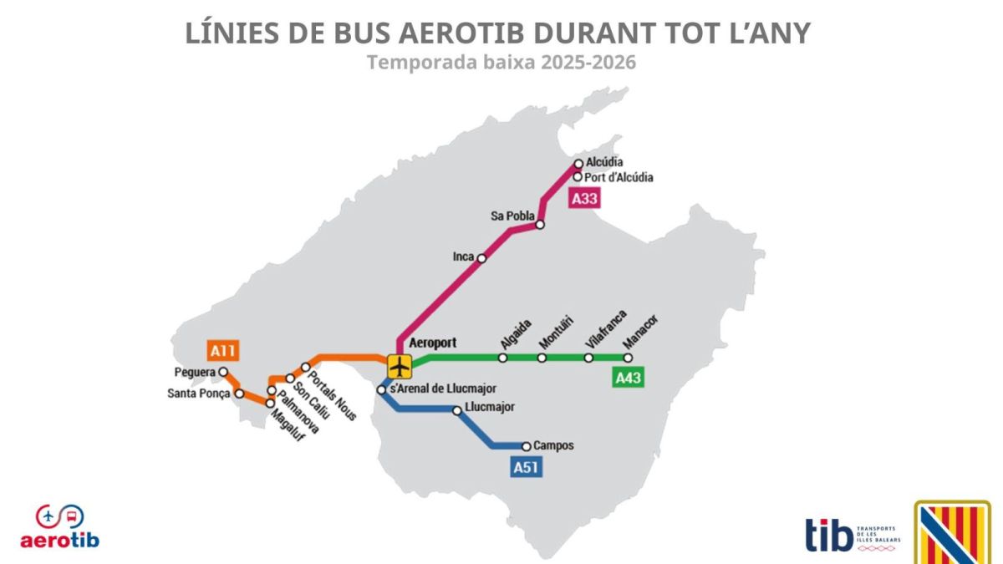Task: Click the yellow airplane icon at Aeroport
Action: (400, 365)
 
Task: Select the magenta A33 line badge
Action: (584, 199)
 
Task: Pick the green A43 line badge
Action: (628, 378)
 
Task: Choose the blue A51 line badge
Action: (526, 467)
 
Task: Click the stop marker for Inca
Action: (481, 258)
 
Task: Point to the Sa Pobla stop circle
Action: (540, 225)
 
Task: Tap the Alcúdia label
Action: (605, 162)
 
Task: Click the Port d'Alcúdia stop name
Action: (619, 177)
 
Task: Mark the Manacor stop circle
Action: (628, 358)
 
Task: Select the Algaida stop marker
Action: (502, 358)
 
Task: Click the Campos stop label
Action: (553, 446)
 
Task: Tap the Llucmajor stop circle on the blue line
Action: (457, 410)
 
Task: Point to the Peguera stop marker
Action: (223, 373)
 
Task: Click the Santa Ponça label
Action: (200, 394)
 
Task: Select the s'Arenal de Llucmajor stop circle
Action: (381, 389)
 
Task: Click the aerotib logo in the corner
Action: (59, 527)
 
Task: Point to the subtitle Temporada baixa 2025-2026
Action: (501, 63)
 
